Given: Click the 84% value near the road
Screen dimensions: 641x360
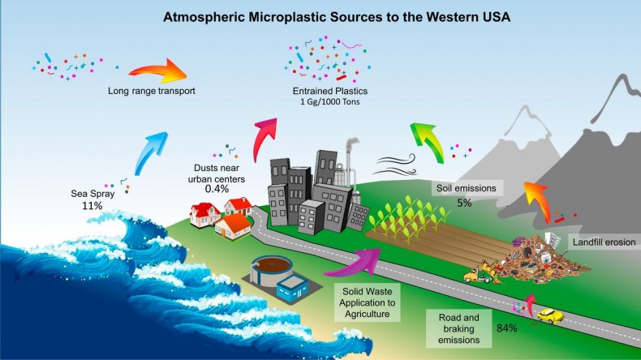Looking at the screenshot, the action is point(507,328).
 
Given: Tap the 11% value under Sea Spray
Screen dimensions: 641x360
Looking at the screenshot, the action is point(92,205).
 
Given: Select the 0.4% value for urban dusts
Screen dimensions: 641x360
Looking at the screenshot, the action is point(217,189).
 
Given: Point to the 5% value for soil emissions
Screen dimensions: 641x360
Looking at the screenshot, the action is point(464,203).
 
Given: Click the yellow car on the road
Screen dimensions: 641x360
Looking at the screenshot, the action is point(550,315).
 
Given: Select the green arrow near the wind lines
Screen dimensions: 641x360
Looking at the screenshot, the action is point(428,142).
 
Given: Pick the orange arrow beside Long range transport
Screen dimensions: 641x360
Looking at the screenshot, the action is point(159,72).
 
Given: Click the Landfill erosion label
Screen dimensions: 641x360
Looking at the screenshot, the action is point(604,242).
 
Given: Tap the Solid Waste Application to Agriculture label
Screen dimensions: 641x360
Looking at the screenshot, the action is point(367,302).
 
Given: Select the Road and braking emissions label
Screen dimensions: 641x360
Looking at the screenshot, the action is point(458,328).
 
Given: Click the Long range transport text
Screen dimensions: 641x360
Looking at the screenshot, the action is point(151,91).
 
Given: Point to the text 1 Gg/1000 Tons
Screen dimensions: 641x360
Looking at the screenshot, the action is point(330,101).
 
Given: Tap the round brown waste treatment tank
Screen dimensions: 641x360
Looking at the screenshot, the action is point(271,270).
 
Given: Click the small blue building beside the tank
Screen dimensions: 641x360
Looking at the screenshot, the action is point(292,289).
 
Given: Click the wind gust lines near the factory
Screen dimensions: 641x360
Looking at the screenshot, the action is point(397,165).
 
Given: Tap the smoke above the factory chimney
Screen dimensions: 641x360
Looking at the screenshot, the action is point(352,144).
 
